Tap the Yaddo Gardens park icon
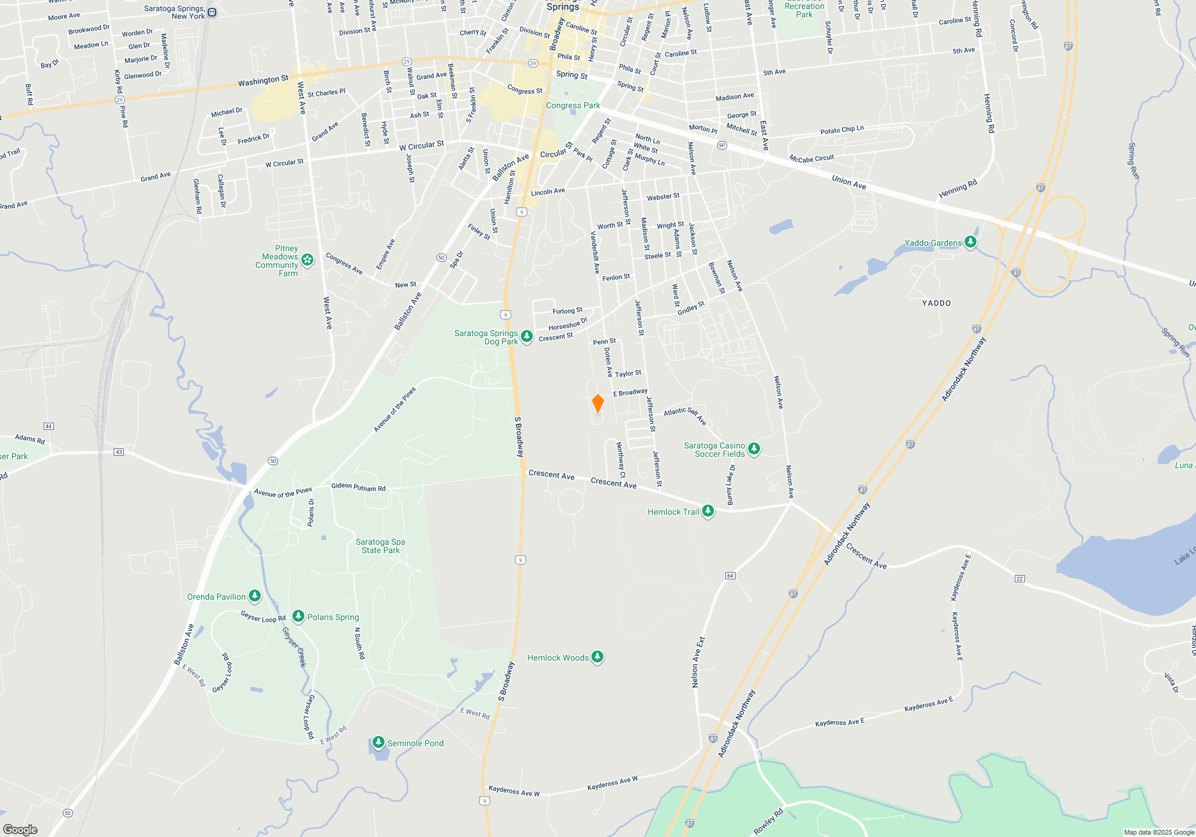(x=971, y=242)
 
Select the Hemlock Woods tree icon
(x=597, y=657)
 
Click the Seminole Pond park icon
(x=378, y=743)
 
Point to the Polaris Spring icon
(x=298, y=616)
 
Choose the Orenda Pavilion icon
(x=255, y=596)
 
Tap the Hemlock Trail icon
(x=708, y=511)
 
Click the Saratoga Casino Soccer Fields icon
(x=754, y=449)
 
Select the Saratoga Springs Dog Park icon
(x=526, y=337)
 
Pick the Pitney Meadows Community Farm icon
(x=307, y=259)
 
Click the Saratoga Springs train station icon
(x=212, y=13)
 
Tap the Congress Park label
(x=573, y=105)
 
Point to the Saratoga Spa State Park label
(x=380, y=546)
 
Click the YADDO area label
(x=936, y=303)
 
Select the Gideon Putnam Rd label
(x=358, y=487)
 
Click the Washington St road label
(x=263, y=81)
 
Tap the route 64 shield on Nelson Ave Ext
(x=730, y=576)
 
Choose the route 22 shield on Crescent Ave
(x=1020, y=578)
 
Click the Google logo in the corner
(x=20, y=829)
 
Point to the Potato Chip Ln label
(x=842, y=130)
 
